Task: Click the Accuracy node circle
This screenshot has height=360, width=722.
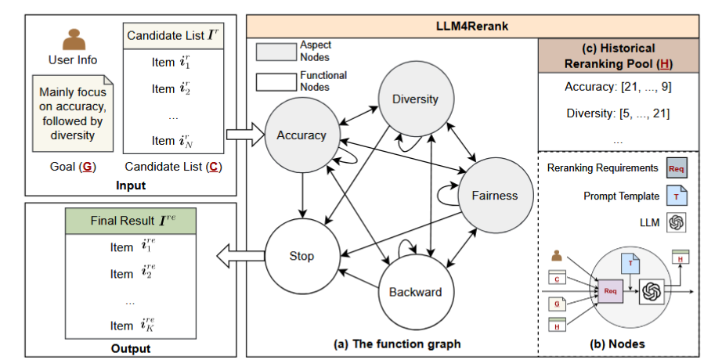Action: pos(301,135)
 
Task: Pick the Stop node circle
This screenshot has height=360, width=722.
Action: pos(301,256)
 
